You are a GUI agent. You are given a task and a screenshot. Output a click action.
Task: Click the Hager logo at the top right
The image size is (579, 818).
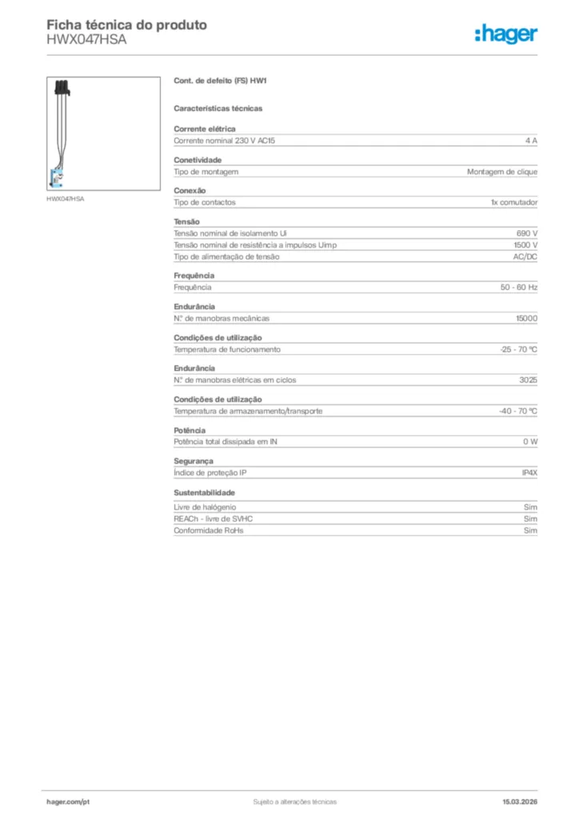(x=505, y=34)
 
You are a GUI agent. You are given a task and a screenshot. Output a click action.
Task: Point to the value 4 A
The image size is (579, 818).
(x=531, y=141)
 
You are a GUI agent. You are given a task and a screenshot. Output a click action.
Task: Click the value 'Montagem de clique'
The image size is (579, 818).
(x=502, y=172)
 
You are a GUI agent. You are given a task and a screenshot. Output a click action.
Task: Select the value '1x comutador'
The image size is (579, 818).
(x=513, y=203)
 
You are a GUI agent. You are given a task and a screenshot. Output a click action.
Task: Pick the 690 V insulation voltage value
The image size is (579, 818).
(x=527, y=233)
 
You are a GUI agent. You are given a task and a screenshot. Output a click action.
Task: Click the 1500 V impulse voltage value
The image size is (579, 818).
(x=525, y=245)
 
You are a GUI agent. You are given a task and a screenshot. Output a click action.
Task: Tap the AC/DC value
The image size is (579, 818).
(x=525, y=257)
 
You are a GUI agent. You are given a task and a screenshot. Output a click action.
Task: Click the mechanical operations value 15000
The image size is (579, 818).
(x=526, y=319)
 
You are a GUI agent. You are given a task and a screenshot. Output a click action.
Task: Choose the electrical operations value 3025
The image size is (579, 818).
(x=528, y=380)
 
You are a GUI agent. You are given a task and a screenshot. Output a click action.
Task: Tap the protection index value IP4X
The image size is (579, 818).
(x=529, y=474)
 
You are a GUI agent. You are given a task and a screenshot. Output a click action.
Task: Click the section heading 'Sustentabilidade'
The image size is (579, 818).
(x=204, y=493)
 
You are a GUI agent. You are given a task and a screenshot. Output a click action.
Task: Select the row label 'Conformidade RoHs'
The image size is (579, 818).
(x=208, y=530)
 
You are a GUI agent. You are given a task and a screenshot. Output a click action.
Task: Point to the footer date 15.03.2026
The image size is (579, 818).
(x=520, y=801)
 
